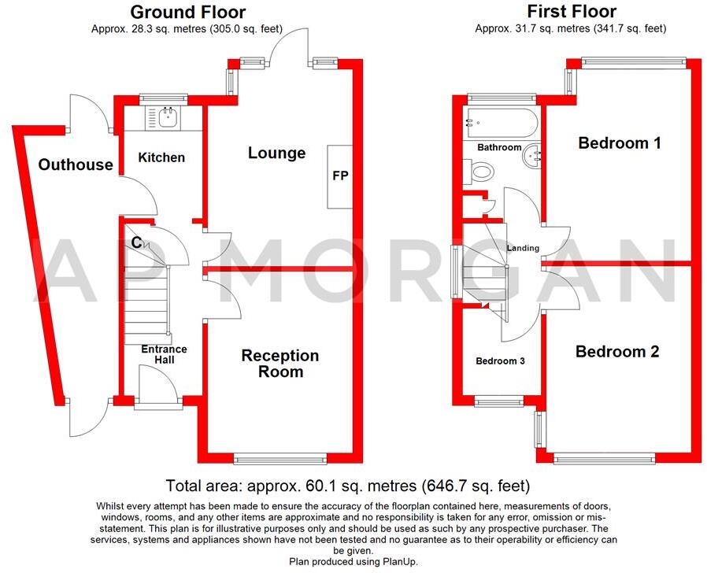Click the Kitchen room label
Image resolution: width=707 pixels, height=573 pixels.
(x=161, y=157)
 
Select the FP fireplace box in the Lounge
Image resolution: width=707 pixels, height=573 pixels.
(x=339, y=176)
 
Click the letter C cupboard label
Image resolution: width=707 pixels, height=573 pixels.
(x=136, y=243)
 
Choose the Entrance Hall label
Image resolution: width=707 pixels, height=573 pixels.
(x=164, y=354)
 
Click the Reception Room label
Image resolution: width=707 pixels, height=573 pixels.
(x=279, y=363)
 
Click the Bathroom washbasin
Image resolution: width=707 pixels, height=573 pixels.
(x=531, y=156)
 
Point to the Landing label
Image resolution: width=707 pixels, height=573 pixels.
(x=523, y=248)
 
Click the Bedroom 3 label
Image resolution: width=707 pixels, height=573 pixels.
(x=500, y=361)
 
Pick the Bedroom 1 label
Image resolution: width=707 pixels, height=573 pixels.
(x=619, y=143)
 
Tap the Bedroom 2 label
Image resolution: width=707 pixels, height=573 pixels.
(x=616, y=352)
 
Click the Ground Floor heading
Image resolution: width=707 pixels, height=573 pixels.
(x=187, y=12)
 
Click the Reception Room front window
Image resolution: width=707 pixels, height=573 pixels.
(x=279, y=458)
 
